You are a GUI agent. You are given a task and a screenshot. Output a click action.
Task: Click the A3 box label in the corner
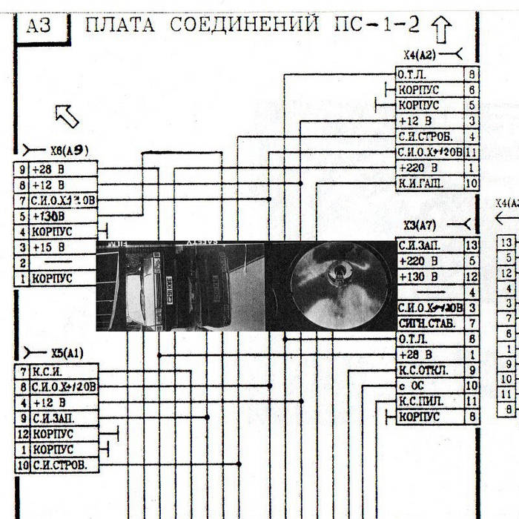point(38,27)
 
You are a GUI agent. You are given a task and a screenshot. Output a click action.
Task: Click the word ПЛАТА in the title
point(120,25)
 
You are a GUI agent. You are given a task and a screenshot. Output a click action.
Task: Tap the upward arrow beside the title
point(441,29)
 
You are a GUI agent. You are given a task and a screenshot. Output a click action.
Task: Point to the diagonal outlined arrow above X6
point(67,115)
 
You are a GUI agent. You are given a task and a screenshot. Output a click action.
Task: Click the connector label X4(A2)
point(420,55)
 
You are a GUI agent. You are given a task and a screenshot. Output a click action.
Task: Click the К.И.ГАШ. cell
point(429,183)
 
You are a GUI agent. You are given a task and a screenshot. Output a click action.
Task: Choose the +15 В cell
point(63,247)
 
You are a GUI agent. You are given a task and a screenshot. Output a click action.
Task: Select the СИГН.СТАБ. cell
point(429,323)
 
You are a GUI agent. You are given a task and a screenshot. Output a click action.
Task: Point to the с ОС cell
point(429,386)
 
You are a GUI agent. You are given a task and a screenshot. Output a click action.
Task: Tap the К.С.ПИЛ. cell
point(429,401)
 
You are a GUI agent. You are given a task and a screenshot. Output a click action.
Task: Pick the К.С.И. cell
point(63,371)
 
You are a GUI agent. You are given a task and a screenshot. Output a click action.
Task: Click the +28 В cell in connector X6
point(63,169)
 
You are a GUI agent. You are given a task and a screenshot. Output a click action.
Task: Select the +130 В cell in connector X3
point(429,277)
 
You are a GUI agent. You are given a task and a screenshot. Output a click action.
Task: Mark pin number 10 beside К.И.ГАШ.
point(470,183)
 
